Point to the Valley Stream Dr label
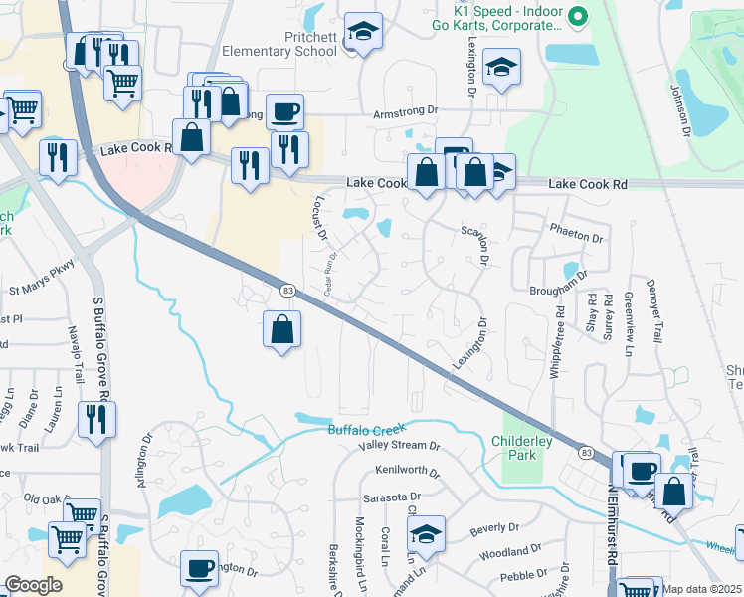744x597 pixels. pos(400,446)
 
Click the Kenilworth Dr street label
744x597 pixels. pos(407,470)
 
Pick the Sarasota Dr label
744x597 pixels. pos(393,495)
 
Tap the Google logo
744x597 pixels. pos(33,585)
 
